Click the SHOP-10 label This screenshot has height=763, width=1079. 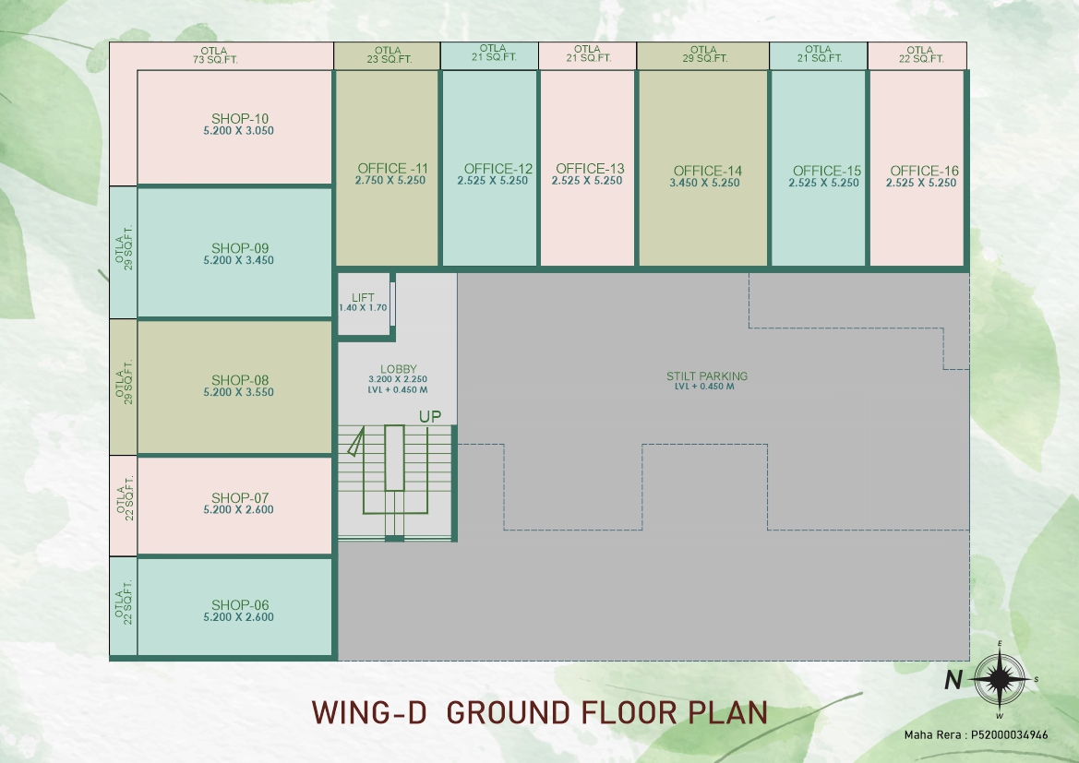[x=239, y=119]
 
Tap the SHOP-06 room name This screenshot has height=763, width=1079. [x=239, y=605]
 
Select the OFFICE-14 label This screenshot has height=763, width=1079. [x=707, y=171]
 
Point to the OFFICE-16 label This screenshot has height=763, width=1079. [x=924, y=171]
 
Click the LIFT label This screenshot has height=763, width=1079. [x=363, y=297]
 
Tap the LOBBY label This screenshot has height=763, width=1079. [x=399, y=369]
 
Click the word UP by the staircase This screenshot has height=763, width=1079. [x=430, y=416]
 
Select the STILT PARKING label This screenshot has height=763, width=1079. [x=707, y=376]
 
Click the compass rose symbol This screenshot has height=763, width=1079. [x=1000, y=679]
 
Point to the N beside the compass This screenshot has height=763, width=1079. [x=953, y=680]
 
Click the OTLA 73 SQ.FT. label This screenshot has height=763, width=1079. [x=215, y=55]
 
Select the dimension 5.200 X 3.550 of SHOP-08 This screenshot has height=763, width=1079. [x=239, y=392]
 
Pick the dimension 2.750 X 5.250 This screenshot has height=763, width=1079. [x=390, y=180]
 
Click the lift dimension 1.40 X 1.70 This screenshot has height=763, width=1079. [x=363, y=307]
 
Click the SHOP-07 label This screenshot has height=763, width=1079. [x=239, y=497]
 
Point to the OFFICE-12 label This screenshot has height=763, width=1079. [x=498, y=169]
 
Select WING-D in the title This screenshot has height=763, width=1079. [x=369, y=713]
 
